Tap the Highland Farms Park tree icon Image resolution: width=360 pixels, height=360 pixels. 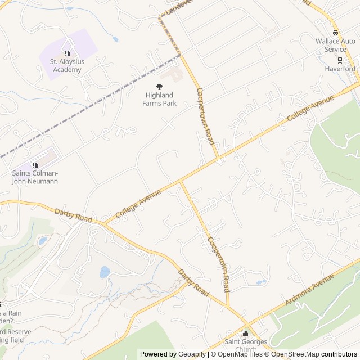(159, 86)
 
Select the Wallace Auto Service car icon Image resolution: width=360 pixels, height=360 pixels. (335, 33)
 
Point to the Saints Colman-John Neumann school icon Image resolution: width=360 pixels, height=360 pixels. (35, 165)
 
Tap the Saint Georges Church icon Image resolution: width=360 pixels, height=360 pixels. (245, 334)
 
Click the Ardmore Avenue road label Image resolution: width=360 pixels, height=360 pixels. (310, 289)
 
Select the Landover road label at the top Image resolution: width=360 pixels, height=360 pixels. (180, 7)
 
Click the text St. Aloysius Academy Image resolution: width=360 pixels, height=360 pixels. (66, 66)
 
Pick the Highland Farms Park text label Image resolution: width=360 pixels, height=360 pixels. (159, 99)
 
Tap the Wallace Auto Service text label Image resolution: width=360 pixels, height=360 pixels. (335, 45)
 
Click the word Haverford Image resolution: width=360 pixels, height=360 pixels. (340, 69)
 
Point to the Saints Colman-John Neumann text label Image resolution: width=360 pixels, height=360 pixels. (35, 177)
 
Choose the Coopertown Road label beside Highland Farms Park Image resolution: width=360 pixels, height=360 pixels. (205, 116)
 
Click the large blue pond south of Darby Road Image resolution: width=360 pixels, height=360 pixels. (105, 272)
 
